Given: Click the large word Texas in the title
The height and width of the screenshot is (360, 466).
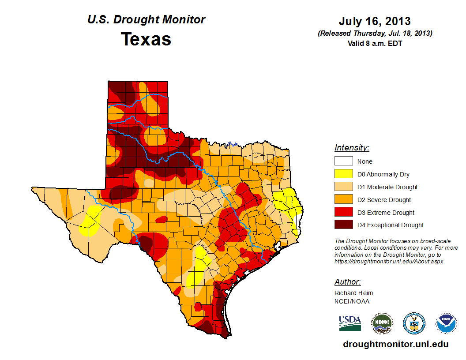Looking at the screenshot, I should [x=146, y=39].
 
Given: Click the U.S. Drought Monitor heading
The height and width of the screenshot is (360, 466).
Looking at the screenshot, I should [x=146, y=19].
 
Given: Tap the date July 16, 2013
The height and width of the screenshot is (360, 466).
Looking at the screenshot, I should [x=375, y=21].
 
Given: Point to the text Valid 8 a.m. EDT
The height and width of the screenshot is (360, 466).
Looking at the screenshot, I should [x=375, y=43].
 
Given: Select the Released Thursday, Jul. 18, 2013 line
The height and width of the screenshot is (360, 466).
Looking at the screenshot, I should [x=375, y=34].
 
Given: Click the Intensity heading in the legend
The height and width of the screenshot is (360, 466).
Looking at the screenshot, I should [x=352, y=148].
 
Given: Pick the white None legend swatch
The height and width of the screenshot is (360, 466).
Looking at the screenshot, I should [x=343, y=161].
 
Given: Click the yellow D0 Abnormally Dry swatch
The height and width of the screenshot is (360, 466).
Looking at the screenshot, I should [x=343, y=174].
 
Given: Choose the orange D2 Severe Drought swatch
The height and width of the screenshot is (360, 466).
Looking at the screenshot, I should [x=343, y=200].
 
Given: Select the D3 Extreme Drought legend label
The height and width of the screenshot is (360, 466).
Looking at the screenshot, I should [x=386, y=213].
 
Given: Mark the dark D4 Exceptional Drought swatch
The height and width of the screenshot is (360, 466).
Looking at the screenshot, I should [x=343, y=225].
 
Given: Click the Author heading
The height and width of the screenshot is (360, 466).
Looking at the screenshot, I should [x=347, y=282].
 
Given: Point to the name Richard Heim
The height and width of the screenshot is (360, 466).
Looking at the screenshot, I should [x=353, y=293].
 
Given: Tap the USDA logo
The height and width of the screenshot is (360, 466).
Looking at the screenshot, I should [x=350, y=323].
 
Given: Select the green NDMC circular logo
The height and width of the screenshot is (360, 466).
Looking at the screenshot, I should [x=382, y=323].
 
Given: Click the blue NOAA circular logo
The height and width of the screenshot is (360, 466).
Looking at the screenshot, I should [x=446, y=323].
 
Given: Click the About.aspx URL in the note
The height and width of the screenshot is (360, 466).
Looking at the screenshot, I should [x=388, y=261].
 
